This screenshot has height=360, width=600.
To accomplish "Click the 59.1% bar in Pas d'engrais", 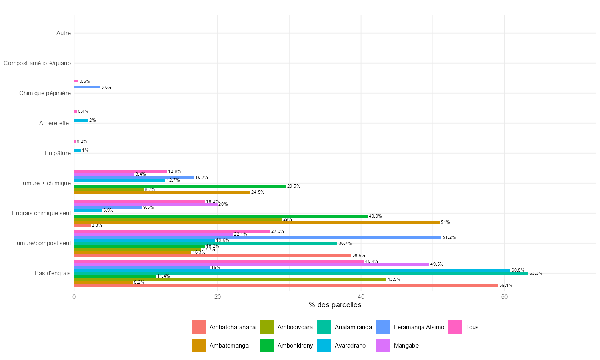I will click(x=286, y=285).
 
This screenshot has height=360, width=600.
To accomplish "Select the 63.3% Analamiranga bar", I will click(x=301, y=273).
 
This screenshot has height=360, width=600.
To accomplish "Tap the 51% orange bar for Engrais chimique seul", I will click(x=257, y=222).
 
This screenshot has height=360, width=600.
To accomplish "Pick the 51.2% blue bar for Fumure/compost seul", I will click(x=258, y=237).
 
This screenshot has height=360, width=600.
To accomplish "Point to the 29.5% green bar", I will click(x=180, y=186).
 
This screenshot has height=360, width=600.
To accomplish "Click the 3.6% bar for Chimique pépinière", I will click(x=87, y=87).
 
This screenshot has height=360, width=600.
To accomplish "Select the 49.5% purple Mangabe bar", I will click(x=252, y=264).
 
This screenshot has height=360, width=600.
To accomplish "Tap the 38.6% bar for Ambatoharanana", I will click(x=212, y=255).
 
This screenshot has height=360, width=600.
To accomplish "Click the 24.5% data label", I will click(x=257, y=192).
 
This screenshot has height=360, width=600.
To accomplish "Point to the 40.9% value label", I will click(x=375, y=216).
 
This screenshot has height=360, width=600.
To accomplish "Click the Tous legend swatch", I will click(x=455, y=327).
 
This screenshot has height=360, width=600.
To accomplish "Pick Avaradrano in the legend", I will click(x=350, y=346).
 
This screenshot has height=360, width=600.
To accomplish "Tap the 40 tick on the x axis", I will click(x=361, y=297).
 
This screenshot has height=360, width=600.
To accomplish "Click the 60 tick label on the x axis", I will click(x=504, y=297).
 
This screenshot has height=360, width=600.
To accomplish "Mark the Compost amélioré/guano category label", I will click(x=37, y=63).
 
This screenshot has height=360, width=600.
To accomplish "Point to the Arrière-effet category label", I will click(x=55, y=123).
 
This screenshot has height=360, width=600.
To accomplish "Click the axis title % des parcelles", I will click(x=335, y=305).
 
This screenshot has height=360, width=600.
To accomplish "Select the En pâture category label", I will click(x=58, y=153).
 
